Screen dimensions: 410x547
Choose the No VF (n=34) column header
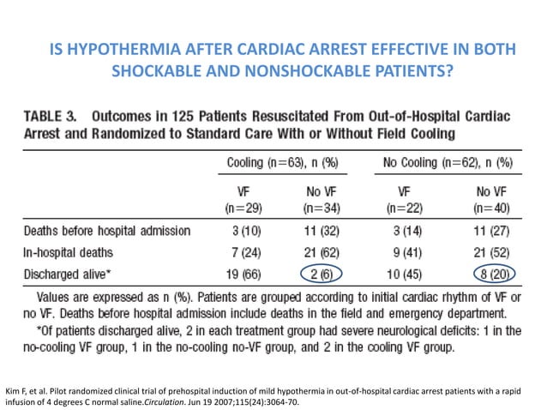pos(320,200)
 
